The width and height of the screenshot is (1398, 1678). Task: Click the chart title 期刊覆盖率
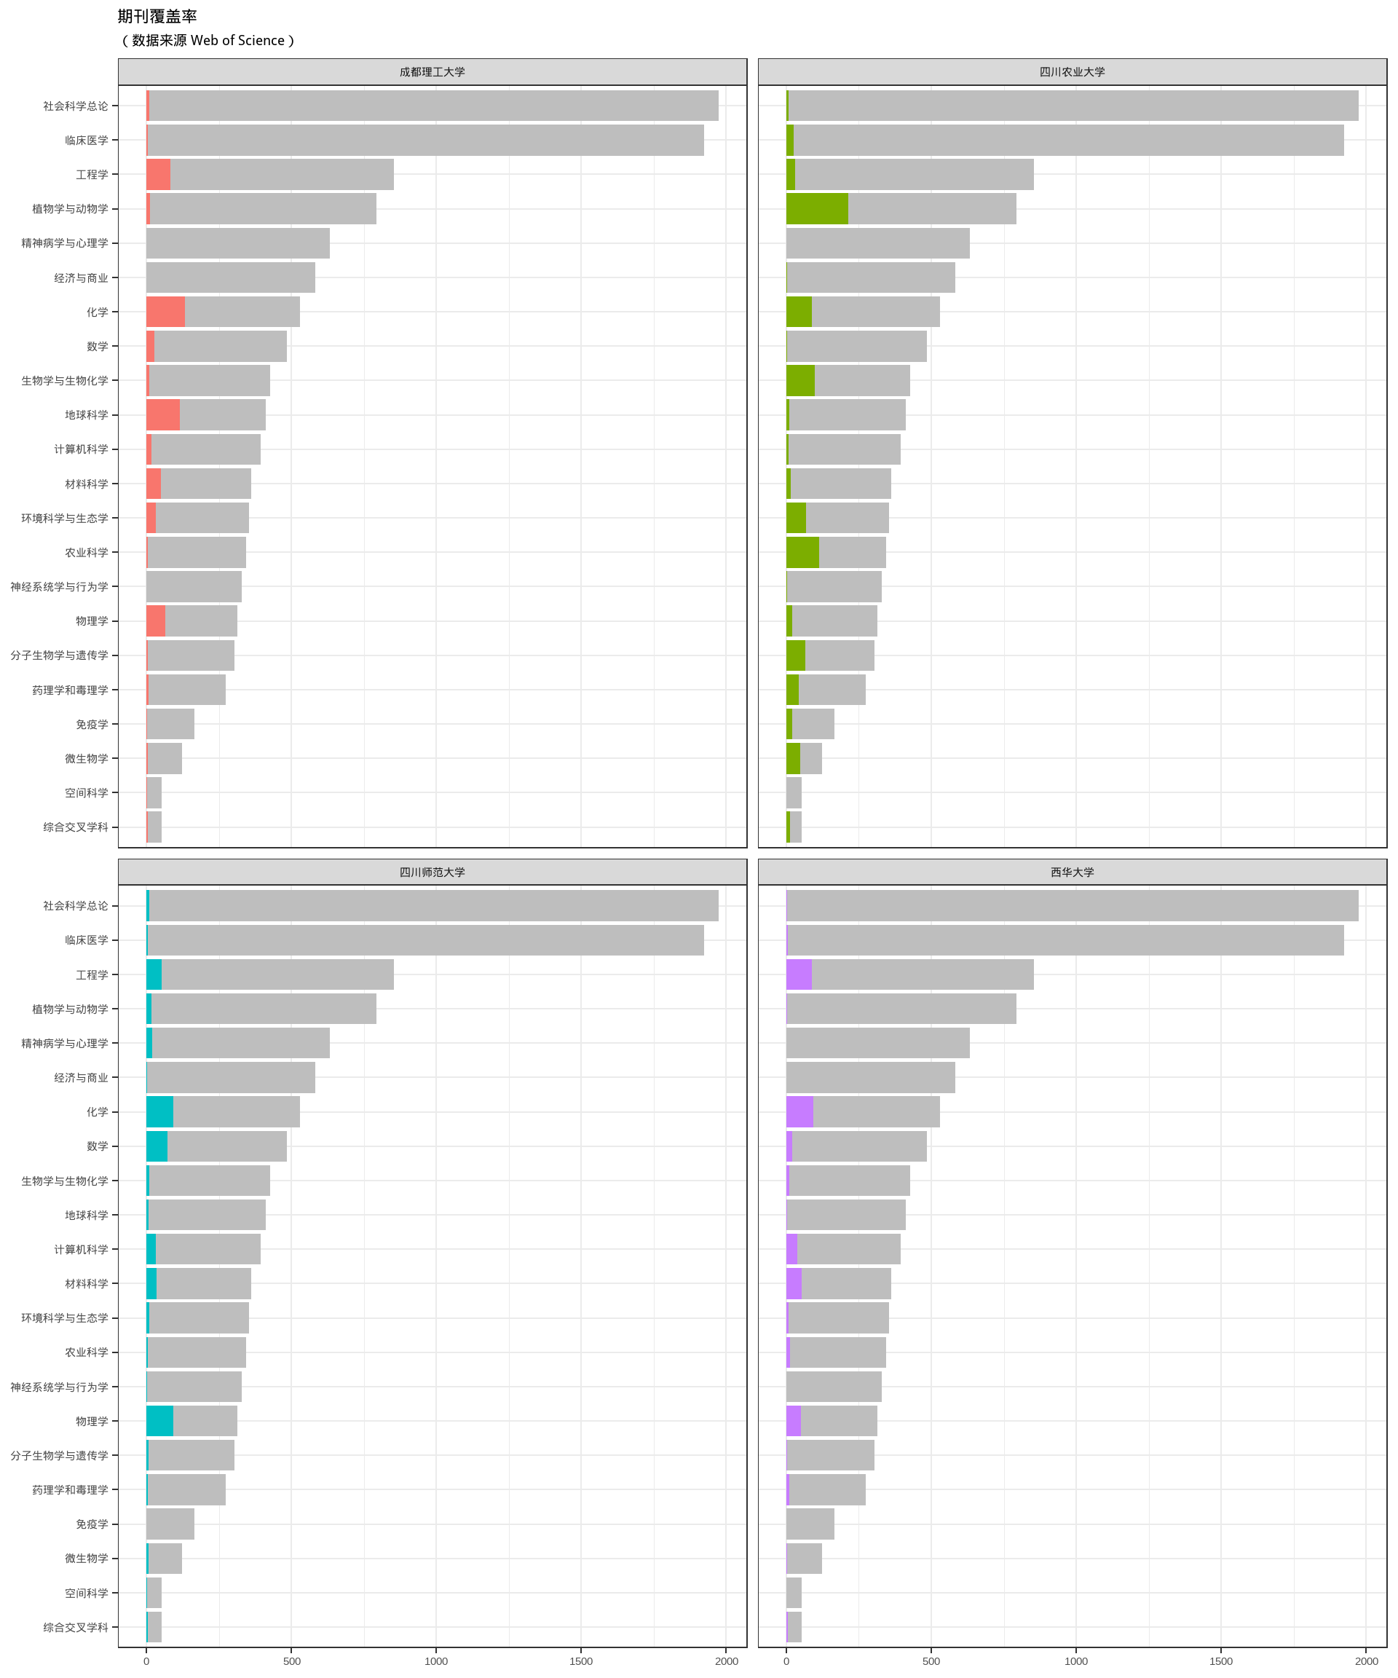click(157, 16)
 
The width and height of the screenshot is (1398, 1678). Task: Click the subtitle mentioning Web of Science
click(208, 41)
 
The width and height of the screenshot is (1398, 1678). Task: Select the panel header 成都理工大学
click(433, 72)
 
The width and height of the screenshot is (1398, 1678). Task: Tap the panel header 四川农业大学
click(1072, 72)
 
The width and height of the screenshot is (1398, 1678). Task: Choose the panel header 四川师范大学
click(433, 872)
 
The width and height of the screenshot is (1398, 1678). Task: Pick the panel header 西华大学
click(1072, 872)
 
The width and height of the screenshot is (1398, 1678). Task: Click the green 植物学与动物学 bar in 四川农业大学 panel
click(816, 208)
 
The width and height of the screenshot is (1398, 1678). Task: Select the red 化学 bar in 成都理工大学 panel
click(165, 312)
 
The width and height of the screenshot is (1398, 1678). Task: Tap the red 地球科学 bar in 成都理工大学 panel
click(163, 414)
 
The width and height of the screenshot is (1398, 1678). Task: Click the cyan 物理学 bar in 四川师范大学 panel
click(159, 1421)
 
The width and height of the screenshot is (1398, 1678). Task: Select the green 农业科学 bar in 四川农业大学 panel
click(802, 552)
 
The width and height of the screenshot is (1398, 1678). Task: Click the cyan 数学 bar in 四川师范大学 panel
click(157, 1146)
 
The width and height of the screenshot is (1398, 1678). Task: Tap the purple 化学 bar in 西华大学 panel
click(799, 1111)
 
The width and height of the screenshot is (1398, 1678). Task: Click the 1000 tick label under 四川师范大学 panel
click(436, 1661)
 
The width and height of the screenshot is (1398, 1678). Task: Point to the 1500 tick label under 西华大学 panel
click(1220, 1661)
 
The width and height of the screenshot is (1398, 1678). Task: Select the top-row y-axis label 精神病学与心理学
click(65, 243)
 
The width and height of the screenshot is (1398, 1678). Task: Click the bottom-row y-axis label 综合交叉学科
click(75, 1628)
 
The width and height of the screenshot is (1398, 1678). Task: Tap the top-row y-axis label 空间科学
click(86, 792)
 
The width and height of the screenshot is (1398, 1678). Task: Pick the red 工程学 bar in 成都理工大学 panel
click(158, 174)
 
